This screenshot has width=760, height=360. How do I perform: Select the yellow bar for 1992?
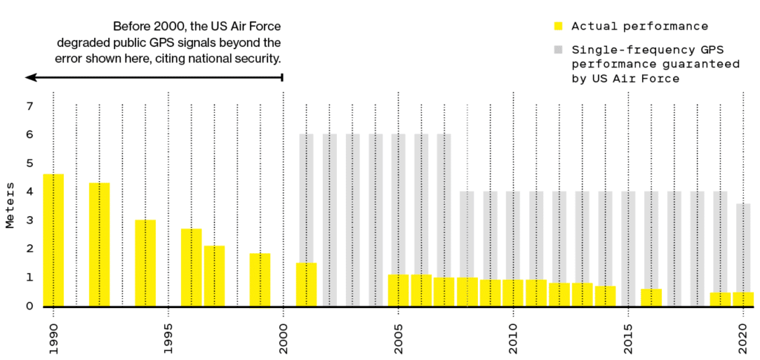coord(99,244)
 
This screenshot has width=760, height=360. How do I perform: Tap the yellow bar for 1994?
coord(145,263)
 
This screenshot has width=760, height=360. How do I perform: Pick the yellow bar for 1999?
coord(260,280)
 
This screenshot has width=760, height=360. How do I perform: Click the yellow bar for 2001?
coord(307,284)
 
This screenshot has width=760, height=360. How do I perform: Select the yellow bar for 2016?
coord(651,297)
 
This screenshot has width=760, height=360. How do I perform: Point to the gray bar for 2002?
coord(330,219)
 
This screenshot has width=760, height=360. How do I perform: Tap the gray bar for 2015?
coord(628,248)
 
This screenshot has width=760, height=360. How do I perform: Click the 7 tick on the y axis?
coord(30,106)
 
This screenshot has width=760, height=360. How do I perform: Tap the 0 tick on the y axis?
coord(30,306)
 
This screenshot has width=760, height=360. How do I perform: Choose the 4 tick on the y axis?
coord(30,192)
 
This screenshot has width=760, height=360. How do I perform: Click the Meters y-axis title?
coord(10,206)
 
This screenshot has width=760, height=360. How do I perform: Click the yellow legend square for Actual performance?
coord(558,27)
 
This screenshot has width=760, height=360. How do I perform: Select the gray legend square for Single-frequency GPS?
coord(558,50)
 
